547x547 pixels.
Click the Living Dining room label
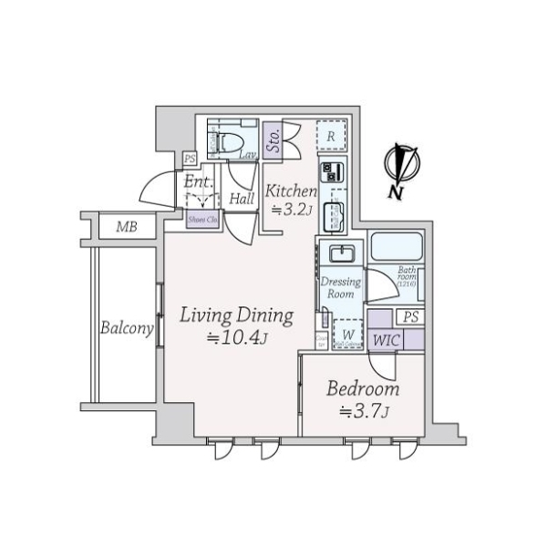236,316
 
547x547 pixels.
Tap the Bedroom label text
364,390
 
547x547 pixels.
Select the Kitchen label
291,192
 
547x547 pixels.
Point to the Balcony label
126,329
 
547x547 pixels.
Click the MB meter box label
126,226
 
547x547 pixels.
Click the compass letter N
396,192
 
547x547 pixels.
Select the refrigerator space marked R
333,138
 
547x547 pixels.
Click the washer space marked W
347,334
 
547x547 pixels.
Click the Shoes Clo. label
201,219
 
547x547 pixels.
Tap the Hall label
242,199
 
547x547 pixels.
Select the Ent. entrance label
199,181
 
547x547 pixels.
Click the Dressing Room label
341,288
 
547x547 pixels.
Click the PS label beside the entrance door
189,159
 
